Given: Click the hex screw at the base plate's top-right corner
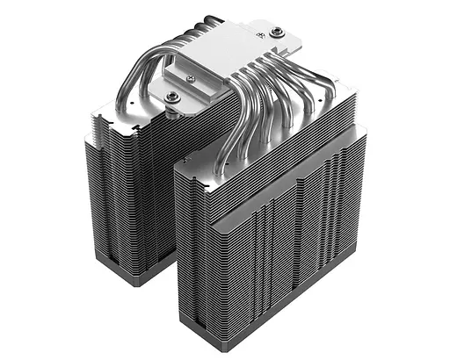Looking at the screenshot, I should click(x=277, y=32).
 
